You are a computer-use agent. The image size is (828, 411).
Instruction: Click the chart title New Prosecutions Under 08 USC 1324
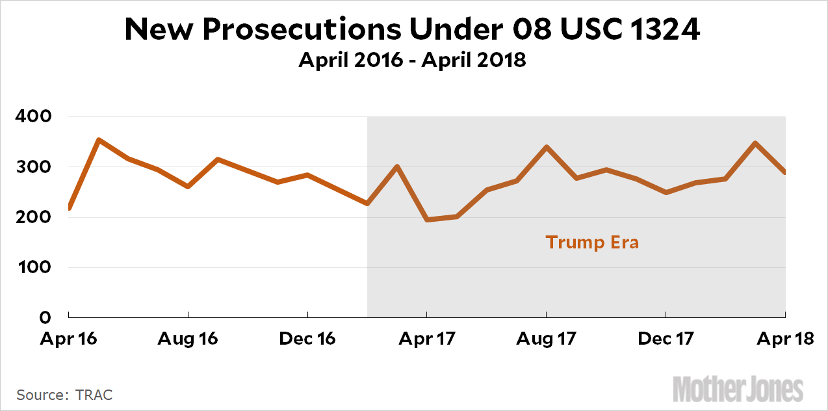point(413,29)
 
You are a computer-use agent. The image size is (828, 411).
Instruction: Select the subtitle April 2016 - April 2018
point(413,60)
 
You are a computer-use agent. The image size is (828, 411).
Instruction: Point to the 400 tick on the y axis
point(32,117)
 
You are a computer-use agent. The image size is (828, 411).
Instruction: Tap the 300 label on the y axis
point(32,167)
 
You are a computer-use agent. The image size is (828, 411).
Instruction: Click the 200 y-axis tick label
point(32,217)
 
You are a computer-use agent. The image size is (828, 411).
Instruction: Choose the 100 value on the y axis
point(32,267)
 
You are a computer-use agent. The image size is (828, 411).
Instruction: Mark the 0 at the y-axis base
point(45,317)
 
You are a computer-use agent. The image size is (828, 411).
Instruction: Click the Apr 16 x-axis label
point(69,339)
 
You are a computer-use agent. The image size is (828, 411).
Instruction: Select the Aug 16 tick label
point(188,339)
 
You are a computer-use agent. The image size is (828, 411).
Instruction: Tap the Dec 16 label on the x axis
point(307,339)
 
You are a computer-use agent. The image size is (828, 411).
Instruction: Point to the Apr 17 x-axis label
point(427,339)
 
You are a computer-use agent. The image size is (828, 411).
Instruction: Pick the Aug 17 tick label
point(547,339)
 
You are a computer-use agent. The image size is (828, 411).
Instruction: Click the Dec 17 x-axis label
point(666,339)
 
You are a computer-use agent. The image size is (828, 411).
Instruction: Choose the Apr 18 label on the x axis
point(785,339)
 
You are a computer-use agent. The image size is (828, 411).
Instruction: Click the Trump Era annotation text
point(592,243)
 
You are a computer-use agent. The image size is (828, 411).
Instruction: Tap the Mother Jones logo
point(738,388)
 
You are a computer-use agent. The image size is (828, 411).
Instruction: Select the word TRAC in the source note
point(94,395)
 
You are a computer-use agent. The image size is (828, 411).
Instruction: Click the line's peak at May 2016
point(98,140)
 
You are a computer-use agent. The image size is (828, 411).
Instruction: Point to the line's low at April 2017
point(427,220)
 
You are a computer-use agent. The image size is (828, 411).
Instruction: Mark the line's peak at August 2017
point(547,147)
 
